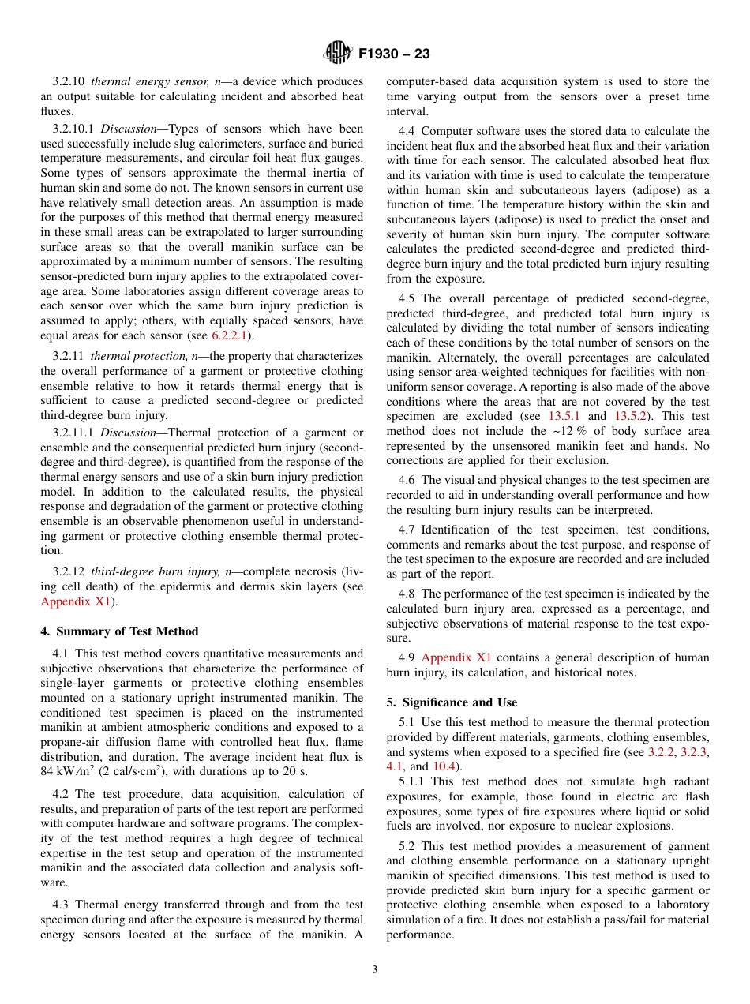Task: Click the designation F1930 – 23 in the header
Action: click(394, 54)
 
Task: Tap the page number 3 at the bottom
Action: click(375, 970)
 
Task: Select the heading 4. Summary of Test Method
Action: click(119, 631)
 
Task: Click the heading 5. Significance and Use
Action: click(452, 702)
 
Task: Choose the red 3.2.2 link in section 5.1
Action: click(661, 752)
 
